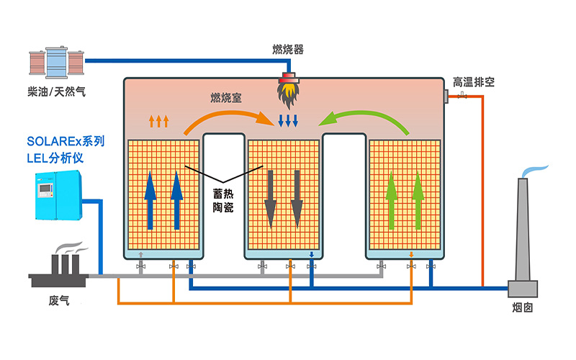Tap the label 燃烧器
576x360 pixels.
pyautogui.click(x=287, y=50)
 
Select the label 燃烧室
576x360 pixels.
pyautogui.click(x=225, y=97)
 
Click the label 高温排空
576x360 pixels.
pyautogui.click(x=473, y=82)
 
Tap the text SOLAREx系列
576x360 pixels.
pyautogui.click(x=66, y=140)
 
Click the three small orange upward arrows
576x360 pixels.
pyautogui.click(x=159, y=120)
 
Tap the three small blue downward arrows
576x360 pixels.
pyautogui.click(x=288, y=120)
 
